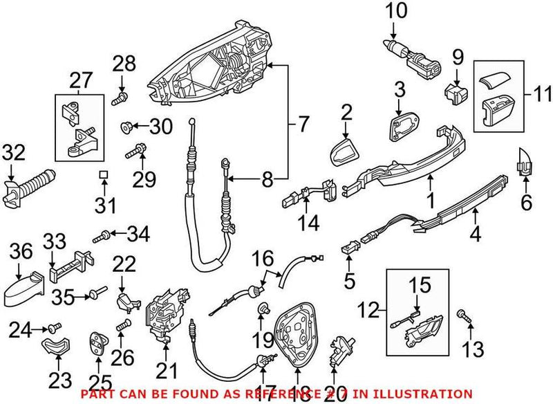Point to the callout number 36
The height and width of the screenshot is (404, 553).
[21, 253]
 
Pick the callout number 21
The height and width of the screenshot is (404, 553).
[162, 371]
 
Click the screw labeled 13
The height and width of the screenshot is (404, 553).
[464, 317]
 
